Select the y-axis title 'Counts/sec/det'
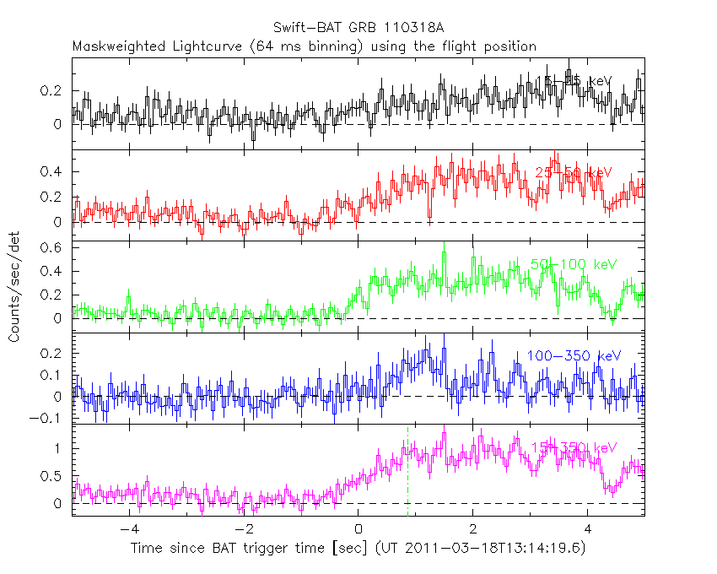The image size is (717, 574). click(x=14, y=287)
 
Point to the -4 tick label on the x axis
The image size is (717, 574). click(x=128, y=530)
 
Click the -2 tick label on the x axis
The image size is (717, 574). click(x=243, y=530)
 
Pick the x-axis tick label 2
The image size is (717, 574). click(x=472, y=530)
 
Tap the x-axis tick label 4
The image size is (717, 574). click(x=587, y=530)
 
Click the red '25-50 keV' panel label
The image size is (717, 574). click(x=574, y=173)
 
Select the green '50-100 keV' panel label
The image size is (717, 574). click(x=574, y=265)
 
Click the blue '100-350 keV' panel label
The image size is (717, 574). click(x=574, y=356)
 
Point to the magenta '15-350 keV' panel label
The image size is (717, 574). click(x=574, y=447)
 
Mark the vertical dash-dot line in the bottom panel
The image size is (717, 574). click(x=408, y=481)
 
